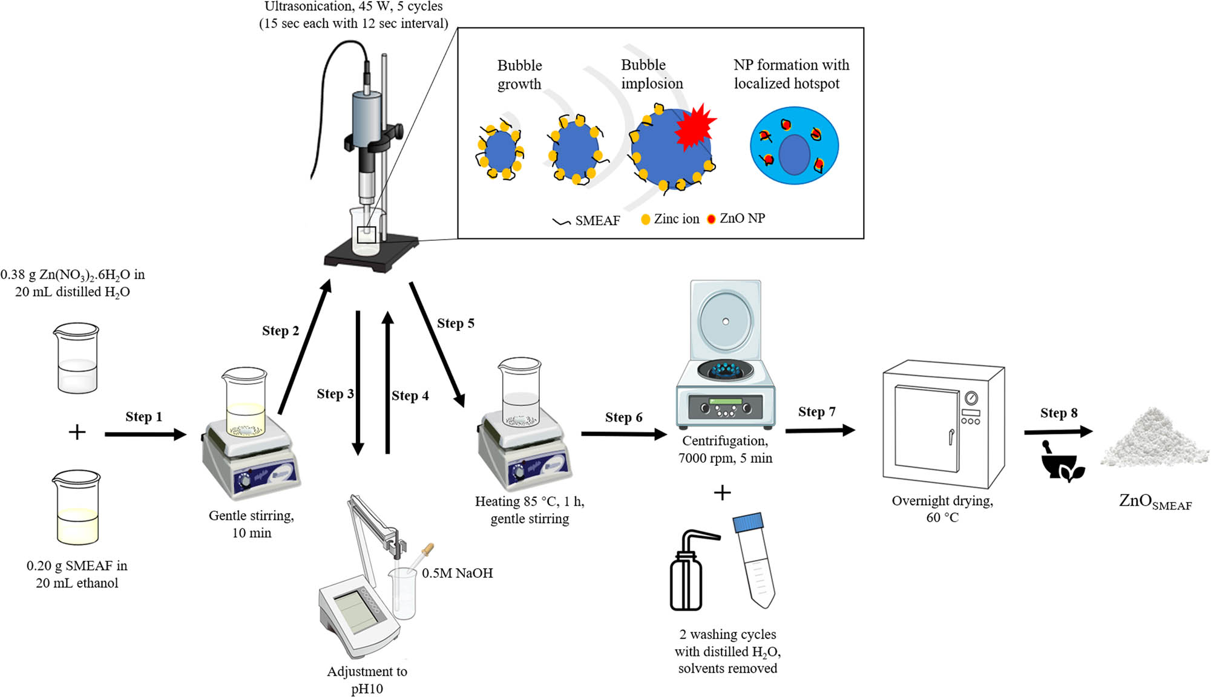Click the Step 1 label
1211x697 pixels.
tap(143, 417)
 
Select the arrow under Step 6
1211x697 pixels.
tap(623, 434)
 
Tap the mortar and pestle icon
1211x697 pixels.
tap(1061, 463)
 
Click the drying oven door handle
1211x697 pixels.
tap(951, 436)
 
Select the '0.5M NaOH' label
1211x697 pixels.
tap(457, 573)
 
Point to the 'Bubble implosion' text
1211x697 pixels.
tap(652, 74)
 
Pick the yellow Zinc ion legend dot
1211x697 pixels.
tap(646, 219)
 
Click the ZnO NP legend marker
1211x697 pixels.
tap(712, 219)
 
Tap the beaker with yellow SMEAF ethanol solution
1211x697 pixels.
tap(76, 508)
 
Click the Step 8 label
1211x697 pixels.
tap(1058, 413)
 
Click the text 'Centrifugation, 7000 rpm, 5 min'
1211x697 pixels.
tap(725, 450)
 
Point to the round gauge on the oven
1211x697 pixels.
tap(971, 398)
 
